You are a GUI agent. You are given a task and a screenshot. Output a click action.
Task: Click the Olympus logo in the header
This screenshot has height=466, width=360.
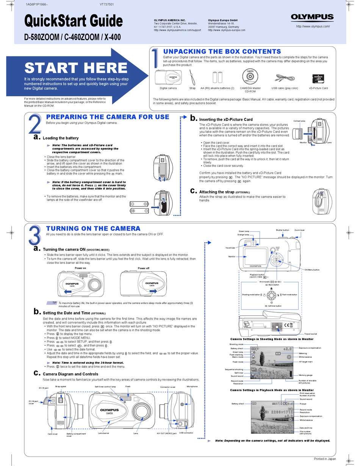[x=312, y=17]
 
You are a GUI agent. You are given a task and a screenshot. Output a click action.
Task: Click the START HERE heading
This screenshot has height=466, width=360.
[x=76, y=68]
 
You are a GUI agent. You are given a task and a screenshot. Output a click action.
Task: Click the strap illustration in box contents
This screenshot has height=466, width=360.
[x=192, y=77]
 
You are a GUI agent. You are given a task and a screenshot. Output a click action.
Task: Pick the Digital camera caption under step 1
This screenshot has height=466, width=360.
[x=168, y=88]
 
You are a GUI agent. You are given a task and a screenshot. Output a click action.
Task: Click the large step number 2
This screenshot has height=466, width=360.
[x=34, y=125]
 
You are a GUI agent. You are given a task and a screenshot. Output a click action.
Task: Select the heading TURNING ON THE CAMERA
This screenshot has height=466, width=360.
[x=93, y=229]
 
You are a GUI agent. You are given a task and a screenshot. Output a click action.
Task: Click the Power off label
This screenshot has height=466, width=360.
[x=143, y=268]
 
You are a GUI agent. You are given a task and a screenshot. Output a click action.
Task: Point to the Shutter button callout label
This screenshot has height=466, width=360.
[x=282, y=230]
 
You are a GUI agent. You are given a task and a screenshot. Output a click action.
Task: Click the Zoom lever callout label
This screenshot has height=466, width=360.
[x=299, y=230]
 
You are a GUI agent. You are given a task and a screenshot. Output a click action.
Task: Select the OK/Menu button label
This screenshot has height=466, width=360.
[x=312, y=270]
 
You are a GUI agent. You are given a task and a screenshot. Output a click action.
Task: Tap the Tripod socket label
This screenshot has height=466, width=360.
[x=311, y=334]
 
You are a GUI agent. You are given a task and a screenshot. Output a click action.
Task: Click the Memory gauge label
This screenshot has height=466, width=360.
[x=305, y=375]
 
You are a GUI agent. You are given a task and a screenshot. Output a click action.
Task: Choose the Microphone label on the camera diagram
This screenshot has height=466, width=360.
[x=192, y=386]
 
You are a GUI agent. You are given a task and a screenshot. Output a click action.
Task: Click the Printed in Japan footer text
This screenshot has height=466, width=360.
[x=325, y=459]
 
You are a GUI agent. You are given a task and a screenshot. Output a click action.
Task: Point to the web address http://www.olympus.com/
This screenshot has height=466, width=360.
[x=313, y=26]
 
